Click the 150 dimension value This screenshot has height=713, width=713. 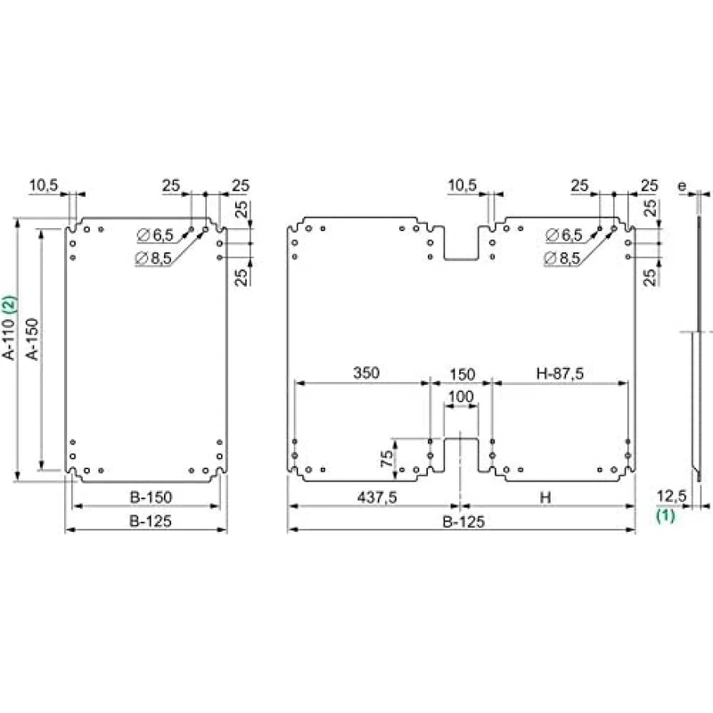click(460, 373)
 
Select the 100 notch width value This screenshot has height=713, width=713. click(460, 396)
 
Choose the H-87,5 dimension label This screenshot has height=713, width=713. click(560, 373)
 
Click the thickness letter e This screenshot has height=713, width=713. click(682, 186)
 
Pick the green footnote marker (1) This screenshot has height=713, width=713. click(666, 514)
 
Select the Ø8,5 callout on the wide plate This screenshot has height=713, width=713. click(562, 258)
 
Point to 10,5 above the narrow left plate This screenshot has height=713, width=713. click(44, 184)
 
